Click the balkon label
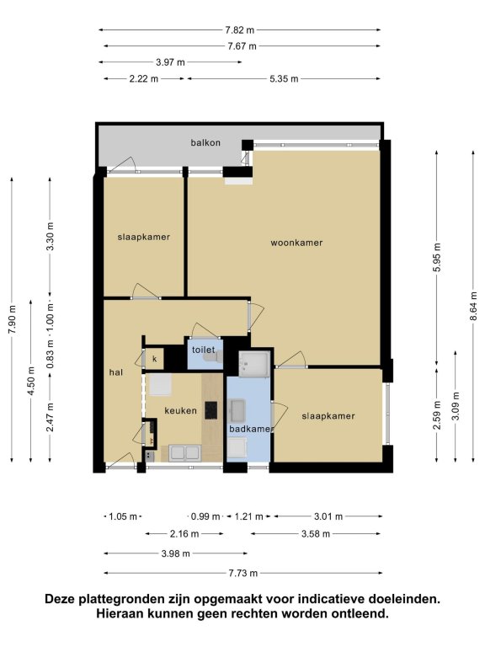205,142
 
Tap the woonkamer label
296,243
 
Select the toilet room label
203,350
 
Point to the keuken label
181,410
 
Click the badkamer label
250,429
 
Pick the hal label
116,372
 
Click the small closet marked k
155,359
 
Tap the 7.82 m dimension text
240,29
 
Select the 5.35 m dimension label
284,78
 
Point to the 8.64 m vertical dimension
473,306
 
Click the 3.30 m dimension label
50,237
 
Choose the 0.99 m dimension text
205,516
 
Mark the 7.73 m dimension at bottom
242,573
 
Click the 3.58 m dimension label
316,534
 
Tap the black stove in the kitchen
211,410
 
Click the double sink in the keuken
184,452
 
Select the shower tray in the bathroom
254,364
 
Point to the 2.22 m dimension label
143,78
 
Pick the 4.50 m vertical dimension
31,381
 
